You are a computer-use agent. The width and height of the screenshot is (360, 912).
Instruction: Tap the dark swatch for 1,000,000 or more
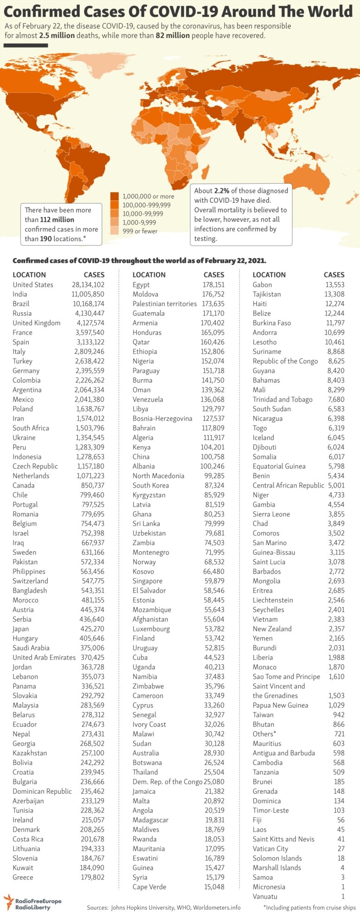tap(115, 196)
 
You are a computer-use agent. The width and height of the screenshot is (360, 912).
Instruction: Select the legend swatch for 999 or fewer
tap(115, 231)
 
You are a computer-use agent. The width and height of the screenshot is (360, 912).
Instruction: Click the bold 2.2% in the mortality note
tap(222, 191)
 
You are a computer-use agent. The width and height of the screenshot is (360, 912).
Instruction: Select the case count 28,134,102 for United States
tap(84, 285)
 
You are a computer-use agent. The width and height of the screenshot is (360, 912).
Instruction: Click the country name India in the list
tap(20, 294)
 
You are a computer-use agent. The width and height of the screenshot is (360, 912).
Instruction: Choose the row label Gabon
tap(262, 285)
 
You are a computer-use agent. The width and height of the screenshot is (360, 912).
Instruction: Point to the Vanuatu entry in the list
tap(265, 896)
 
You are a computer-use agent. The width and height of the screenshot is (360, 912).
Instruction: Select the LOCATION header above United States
tap(29, 275)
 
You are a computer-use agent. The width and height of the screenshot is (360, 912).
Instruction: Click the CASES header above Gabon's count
tap(334, 275)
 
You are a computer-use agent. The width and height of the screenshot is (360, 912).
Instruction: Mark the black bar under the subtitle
tap(26, 45)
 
